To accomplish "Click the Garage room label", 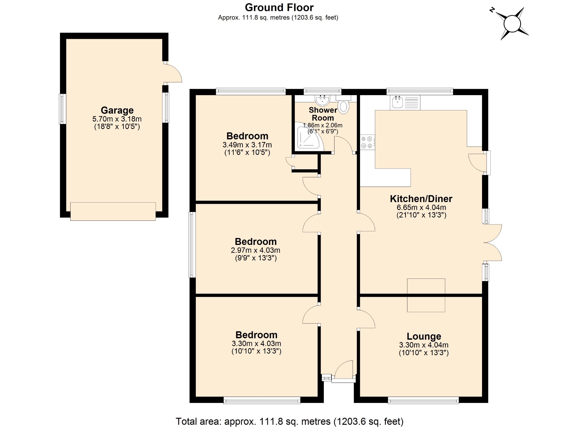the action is tap(117, 110).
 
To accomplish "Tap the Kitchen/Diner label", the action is tap(421, 199).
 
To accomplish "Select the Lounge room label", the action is tap(424, 336).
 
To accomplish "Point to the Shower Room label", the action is tap(323, 114).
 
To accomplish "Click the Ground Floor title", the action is tap(279, 7).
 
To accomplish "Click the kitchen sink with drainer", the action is tap(405, 103).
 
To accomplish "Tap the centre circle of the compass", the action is tap(512, 24).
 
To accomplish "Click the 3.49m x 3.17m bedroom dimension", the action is tap(247, 145).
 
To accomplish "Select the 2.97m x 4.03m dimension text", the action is tap(256, 250).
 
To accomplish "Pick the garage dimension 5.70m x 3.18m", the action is tap(117, 119).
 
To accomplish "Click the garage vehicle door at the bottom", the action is tap(113, 212).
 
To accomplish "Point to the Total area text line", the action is tap(289, 421).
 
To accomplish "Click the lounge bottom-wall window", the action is tap(423, 400).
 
